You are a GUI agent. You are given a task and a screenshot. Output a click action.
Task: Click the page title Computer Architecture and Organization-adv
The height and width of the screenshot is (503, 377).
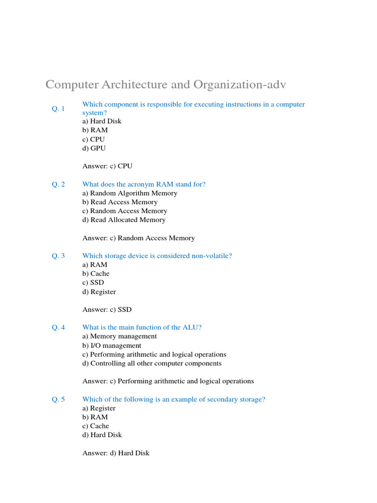165,84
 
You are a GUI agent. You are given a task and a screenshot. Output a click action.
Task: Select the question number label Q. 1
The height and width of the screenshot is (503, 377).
58,109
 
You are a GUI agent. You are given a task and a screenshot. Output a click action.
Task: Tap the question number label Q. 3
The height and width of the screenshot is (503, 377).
58,255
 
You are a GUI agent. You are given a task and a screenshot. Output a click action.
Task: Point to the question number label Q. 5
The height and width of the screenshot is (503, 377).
58,399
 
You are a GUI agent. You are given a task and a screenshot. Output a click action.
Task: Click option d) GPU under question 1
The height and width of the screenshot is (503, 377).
94,148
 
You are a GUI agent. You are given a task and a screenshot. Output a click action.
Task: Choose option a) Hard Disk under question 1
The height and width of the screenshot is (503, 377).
102,121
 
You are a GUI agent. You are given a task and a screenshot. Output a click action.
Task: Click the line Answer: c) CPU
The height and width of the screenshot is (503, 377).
107,166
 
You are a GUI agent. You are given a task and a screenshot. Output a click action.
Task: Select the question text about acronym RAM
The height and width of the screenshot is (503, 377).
144,184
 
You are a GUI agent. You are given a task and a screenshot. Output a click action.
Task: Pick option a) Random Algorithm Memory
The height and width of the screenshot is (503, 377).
130,193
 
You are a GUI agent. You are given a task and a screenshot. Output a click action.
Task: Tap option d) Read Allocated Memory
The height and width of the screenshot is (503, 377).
124,220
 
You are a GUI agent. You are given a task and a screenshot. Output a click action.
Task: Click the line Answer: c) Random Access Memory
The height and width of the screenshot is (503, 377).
138,238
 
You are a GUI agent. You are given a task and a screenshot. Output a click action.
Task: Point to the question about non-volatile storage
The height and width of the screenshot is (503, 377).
157,255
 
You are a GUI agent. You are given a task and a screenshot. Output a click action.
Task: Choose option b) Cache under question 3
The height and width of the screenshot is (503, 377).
96,273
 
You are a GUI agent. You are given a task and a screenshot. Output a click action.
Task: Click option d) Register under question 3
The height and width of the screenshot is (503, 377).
99,292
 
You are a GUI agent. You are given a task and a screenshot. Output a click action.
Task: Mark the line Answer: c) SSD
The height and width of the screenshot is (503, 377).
107,309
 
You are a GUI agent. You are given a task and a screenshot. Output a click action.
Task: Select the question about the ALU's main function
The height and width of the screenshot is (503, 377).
142,327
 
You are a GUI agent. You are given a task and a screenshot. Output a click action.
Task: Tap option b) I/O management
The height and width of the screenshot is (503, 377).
112,345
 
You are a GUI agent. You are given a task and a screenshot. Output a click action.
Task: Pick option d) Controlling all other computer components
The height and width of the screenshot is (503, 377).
152,363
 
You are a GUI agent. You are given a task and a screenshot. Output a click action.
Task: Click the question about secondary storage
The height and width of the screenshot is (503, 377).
174,399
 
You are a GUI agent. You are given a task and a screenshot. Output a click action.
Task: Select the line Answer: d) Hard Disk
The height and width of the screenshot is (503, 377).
116,453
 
